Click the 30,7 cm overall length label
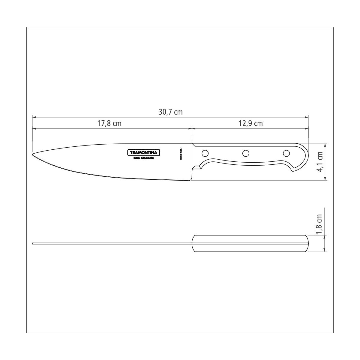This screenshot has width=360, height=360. [170, 112]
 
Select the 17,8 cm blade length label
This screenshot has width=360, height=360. [109, 123]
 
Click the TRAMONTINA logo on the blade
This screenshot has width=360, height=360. [144, 152]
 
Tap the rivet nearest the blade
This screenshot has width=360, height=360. [205, 153]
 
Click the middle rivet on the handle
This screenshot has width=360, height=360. [246, 153]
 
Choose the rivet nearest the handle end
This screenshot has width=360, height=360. [286, 153]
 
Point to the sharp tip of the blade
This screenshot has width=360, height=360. [33, 155]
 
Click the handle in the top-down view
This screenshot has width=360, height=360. [250, 243]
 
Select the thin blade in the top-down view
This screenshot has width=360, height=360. [111, 243]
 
